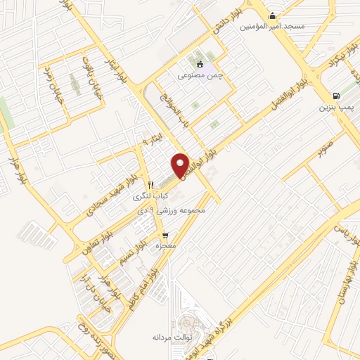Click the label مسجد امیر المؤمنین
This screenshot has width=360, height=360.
pyautogui.click(x=273, y=27)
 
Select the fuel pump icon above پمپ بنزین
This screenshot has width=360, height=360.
pyautogui.click(x=335, y=96)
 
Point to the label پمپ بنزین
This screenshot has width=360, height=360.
pyautogui.click(x=335, y=108)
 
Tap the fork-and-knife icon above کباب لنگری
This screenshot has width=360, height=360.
pyautogui.click(x=151, y=185)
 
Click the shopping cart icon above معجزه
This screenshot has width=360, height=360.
pyautogui.click(x=165, y=236)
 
